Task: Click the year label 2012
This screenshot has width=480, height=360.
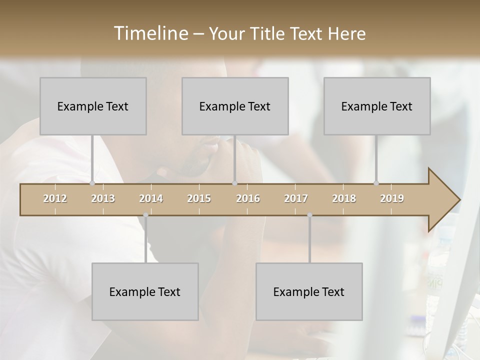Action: coord(55,198)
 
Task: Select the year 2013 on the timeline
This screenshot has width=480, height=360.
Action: coord(103,198)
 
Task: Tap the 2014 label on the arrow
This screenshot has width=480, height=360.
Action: coord(151,198)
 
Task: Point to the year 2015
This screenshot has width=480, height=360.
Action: coord(199,198)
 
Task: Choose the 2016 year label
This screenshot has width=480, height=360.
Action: coord(248,198)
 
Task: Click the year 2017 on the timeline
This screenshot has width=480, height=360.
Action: coord(296,198)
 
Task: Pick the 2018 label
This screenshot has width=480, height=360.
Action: coord(344,198)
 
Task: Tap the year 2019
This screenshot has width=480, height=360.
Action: coord(392,198)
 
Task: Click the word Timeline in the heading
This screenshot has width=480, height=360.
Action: coord(150,33)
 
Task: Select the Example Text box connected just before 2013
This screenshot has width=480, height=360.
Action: coord(93,106)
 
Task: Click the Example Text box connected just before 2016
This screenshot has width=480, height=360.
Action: coord(235,106)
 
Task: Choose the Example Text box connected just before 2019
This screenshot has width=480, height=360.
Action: coord(377,106)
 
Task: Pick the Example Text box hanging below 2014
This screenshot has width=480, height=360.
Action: coord(145,291)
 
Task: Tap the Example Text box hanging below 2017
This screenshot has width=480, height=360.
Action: coord(309,291)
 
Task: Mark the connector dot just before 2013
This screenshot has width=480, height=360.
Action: coord(92,183)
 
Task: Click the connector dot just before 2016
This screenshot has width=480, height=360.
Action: coord(234,183)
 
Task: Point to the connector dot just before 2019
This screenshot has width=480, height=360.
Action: coord(376,183)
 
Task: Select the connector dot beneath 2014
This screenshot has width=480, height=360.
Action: coord(145,215)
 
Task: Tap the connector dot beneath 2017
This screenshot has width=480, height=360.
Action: coord(309,215)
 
